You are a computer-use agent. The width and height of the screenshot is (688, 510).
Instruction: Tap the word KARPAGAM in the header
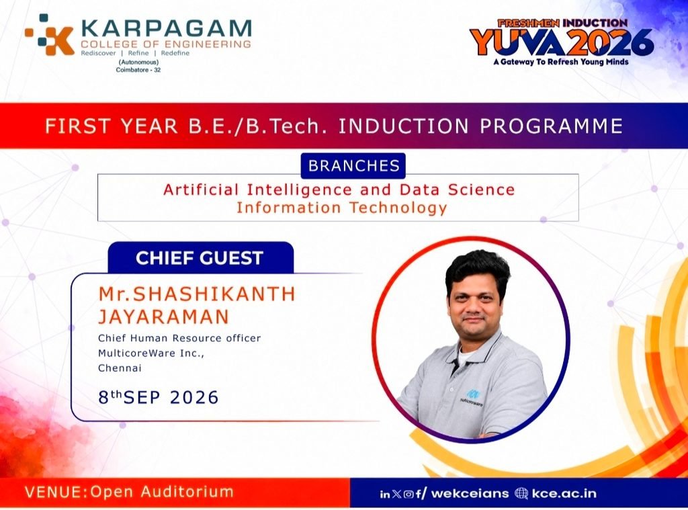167,28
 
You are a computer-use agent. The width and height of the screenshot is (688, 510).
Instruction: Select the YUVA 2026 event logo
562,42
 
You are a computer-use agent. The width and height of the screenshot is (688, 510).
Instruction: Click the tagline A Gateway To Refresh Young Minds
561,62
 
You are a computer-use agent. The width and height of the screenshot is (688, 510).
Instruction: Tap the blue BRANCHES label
353,165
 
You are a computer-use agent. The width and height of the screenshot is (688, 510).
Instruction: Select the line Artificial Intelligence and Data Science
339,189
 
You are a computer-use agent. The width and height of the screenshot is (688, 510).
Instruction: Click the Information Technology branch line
342,208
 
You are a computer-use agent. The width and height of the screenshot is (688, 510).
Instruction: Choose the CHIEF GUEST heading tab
200,257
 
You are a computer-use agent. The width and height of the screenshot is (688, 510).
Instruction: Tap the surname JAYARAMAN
164,316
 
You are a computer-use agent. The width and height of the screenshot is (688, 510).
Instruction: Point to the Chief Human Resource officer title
179,338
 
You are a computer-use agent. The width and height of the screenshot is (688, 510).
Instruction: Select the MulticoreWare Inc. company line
151,353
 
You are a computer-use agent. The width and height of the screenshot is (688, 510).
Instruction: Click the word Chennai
120,368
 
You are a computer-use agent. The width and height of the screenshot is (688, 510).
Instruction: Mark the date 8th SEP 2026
159,396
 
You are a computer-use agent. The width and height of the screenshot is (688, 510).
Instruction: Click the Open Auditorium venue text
162,492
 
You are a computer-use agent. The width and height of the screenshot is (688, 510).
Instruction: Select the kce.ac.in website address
564,493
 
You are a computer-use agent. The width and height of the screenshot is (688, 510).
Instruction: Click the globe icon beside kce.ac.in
521,493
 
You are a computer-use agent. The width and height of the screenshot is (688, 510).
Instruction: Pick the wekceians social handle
470,493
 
